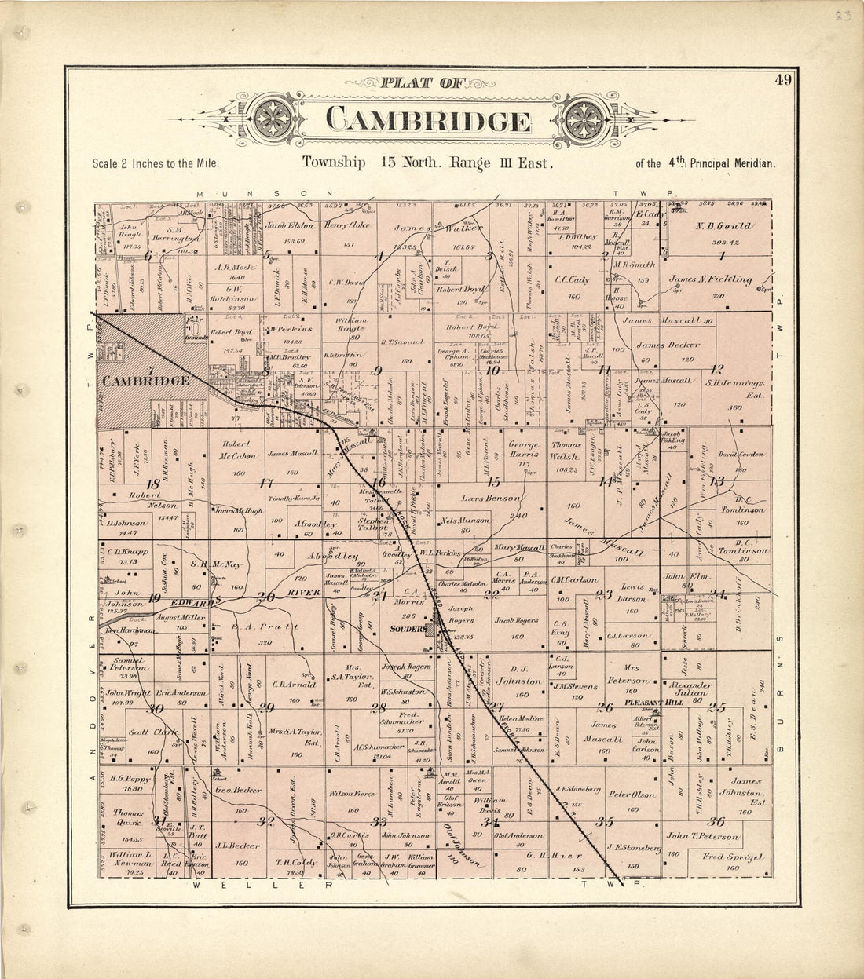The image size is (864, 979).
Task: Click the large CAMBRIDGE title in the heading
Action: click(427, 122)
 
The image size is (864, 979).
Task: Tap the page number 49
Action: click(782, 79)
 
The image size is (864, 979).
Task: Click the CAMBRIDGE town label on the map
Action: click(148, 381)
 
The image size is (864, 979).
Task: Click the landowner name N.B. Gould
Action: click(723, 226)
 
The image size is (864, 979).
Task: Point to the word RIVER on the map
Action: click(302, 592)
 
